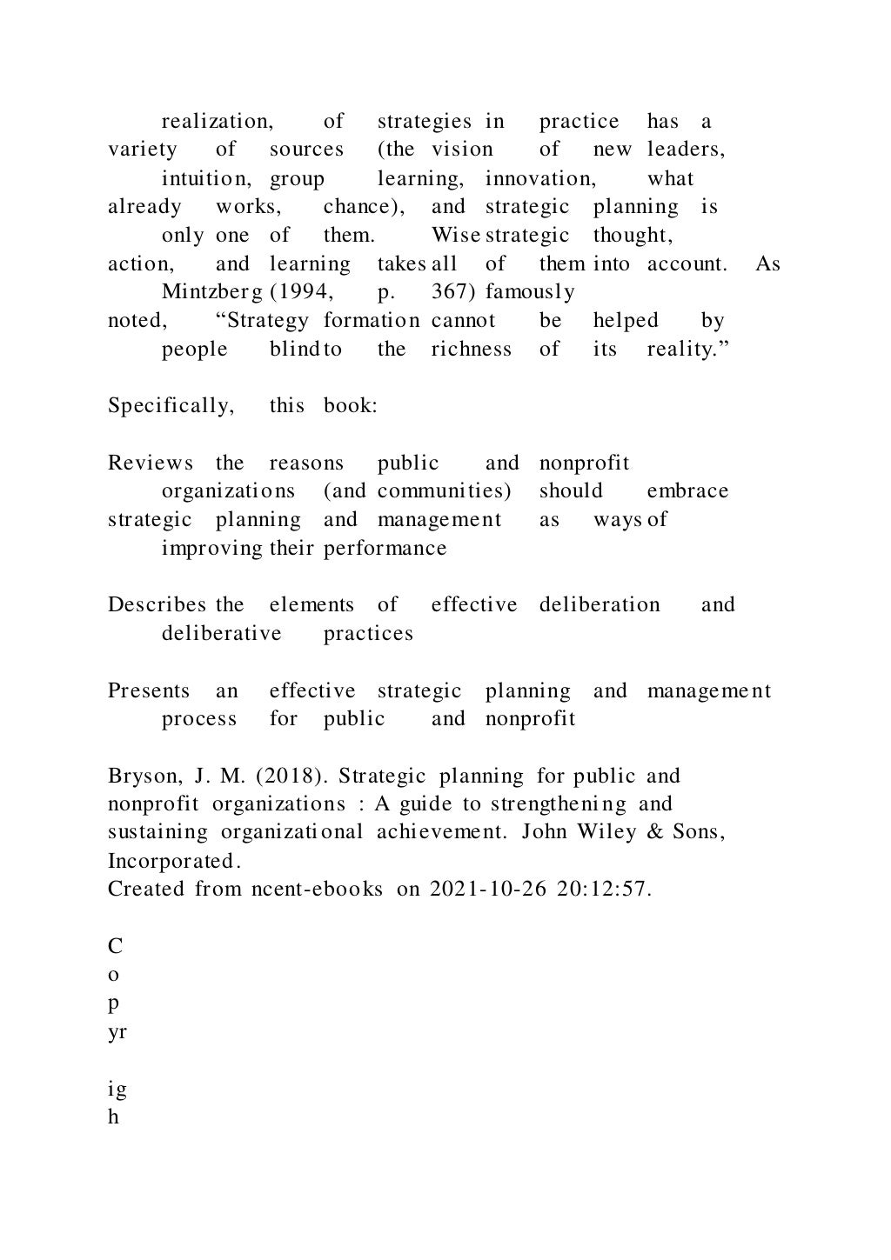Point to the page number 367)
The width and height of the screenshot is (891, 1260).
pos(453,293)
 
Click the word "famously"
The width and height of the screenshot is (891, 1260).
pos(530,293)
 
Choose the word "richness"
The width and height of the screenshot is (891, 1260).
pos(471,350)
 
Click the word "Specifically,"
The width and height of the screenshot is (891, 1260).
pos(171,407)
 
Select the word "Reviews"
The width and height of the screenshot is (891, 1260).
pos(151,463)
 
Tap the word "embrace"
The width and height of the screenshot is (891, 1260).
pos(687,491)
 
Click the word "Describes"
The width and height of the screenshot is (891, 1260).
pos(157,605)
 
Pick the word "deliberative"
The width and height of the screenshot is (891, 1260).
pos(221,634)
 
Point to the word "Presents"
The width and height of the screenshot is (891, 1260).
pos(149,691)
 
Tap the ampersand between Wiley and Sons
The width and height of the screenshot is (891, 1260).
pos(653,832)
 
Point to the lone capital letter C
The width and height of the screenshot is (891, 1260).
pos(115,946)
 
